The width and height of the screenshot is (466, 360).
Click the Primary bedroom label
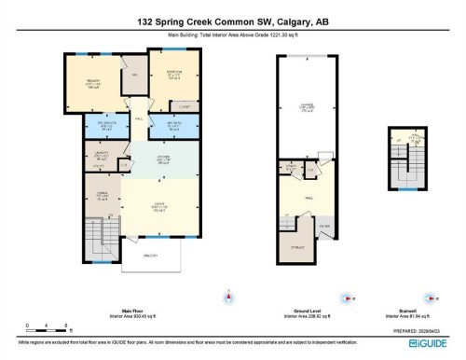point(93,82)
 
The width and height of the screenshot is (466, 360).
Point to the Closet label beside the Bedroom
point(185,106)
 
